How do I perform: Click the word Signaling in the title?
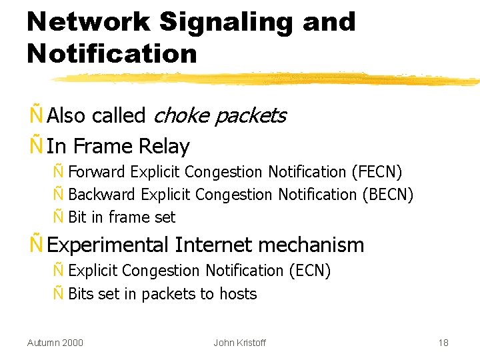[x=227, y=23]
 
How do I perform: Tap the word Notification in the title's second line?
[x=112, y=53]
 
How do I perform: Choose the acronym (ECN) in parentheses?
[x=310, y=271]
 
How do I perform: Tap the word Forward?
[x=97, y=172]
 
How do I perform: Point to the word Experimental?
[x=109, y=245]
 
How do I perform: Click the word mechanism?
[x=311, y=245]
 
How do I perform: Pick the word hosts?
[x=238, y=294]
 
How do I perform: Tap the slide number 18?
[x=443, y=343]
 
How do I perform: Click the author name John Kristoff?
[x=239, y=343]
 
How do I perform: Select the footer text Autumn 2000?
[x=55, y=343]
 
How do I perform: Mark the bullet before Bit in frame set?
[x=58, y=217]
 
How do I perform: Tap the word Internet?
[x=213, y=245]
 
